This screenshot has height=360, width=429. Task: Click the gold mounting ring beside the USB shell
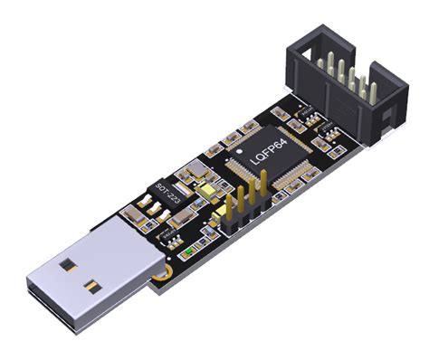[162, 274]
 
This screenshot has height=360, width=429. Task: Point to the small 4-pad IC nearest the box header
[308, 116]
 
